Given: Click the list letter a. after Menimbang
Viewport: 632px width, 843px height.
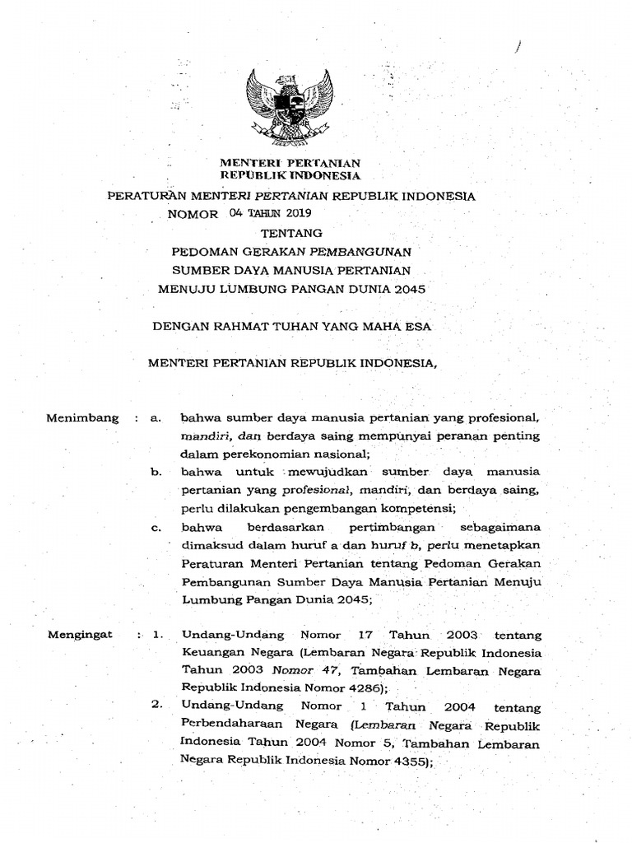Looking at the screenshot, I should tap(155, 418).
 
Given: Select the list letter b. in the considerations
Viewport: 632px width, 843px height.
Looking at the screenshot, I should tap(155, 472).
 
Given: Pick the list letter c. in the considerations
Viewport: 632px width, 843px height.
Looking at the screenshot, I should tap(155, 527).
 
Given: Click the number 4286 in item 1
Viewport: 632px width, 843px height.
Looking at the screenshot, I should tap(361, 688).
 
